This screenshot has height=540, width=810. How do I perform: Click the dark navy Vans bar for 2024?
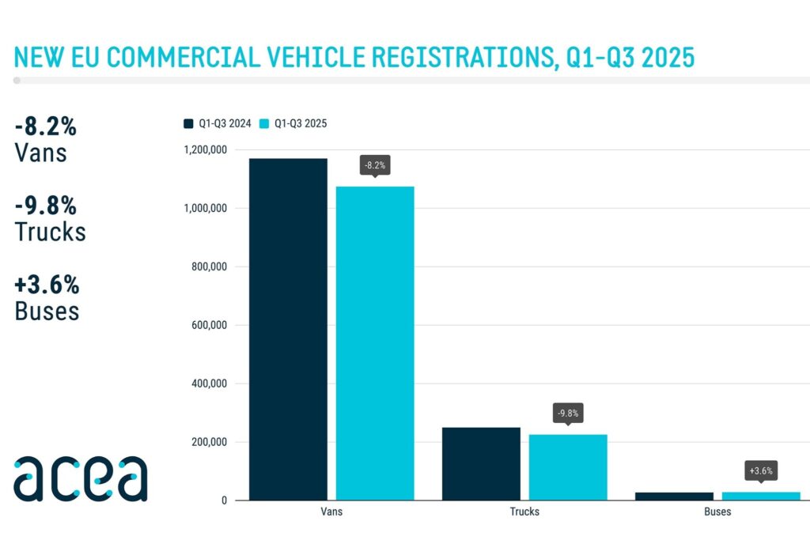288,329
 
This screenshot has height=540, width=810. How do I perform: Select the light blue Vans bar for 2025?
375,343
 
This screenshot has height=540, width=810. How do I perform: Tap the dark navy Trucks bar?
481,463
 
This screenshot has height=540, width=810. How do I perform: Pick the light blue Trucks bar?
568,467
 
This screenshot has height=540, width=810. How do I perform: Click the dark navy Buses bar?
674,496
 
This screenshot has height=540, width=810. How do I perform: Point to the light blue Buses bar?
761,496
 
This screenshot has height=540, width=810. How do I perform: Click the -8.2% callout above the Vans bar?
375,165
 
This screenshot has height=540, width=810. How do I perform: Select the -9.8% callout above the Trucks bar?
568,413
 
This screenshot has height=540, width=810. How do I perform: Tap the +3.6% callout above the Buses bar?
761,470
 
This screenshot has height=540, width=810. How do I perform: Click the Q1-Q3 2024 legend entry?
217,123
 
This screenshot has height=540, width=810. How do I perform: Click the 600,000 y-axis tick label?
209,325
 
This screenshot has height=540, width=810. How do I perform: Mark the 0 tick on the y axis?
225,500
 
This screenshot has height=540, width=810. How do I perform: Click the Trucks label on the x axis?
524,512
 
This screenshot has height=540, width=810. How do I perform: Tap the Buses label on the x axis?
717,512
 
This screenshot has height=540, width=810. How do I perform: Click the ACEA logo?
80,478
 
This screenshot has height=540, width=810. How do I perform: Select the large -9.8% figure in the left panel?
46,206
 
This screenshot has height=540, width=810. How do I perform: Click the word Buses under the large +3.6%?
47,311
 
